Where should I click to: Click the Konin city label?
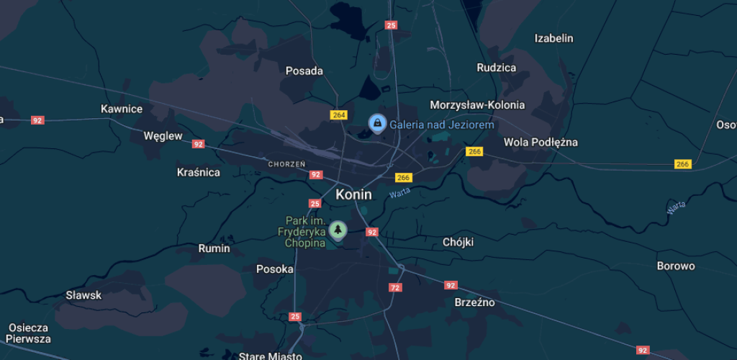tap(353, 194)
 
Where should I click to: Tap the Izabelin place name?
tap(553, 38)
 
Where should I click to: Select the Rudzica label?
tap(496, 68)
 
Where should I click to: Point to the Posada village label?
tap(304, 71)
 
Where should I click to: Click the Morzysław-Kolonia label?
tap(476, 105)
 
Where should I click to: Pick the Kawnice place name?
tap(122, 109)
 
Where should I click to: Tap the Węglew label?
tap(163, 135)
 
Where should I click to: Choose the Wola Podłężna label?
tap(541, 142)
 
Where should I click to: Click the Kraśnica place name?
tap(198, 173)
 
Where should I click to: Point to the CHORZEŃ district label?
tap(286, 164)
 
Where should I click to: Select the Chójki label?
tap(458, 243)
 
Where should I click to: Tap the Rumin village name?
tap(214, 248)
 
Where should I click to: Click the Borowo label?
tap(676, 266)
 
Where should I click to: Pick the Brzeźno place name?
tap(474, 302)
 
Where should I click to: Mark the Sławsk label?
tap(83, 295)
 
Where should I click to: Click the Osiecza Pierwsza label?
tap(30, 333)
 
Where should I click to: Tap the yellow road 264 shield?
tap(339, 115)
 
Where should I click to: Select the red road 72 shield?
tap(394, 287)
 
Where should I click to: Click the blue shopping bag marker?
tap(376, 124)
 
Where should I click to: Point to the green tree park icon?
tap(337, 230)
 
